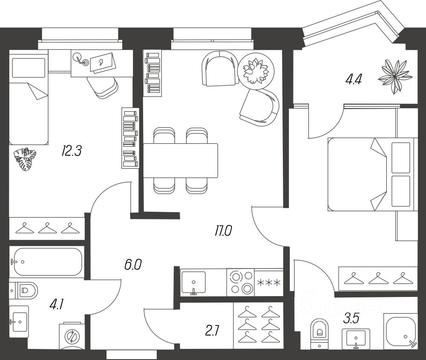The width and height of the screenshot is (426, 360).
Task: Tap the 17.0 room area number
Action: (x=223, y=231)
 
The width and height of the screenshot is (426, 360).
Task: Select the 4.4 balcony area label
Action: (x=354, y=80)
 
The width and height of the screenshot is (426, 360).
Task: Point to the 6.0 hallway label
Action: (x=132, y=265)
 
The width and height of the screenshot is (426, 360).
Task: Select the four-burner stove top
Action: (x=240, y=282)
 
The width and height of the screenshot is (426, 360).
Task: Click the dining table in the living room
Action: (x=181, y=161)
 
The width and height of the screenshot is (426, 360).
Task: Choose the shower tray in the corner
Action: (x=400, y=330)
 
